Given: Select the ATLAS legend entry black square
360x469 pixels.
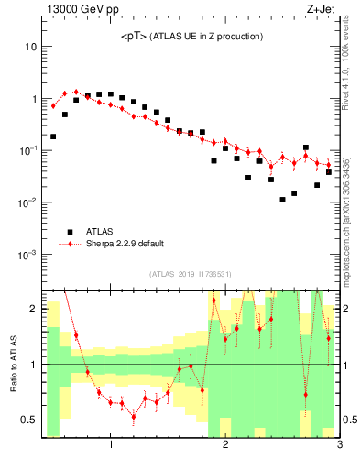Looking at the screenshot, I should point(68,232).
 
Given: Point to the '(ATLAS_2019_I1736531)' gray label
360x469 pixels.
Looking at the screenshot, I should point(190,274).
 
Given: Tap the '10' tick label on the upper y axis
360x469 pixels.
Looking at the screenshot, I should point(30,46).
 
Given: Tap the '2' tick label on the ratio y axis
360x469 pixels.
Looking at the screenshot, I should point(33,310).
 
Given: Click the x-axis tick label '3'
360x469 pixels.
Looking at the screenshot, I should point(339,446).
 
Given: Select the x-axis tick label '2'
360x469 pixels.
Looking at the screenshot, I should point(225,446).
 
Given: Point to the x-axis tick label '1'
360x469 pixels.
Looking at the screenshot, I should point(111,446).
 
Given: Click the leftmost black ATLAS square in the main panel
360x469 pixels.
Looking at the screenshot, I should point(53,136).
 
